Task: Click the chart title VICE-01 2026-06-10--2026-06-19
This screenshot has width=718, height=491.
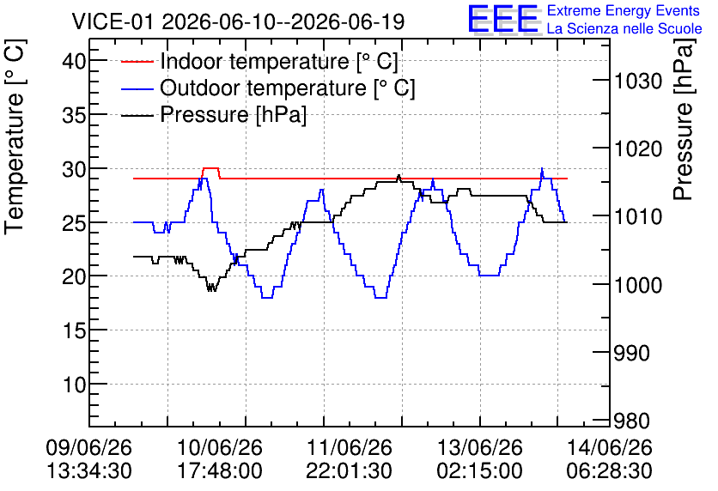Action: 238,21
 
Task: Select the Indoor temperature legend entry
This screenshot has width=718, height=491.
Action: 259,61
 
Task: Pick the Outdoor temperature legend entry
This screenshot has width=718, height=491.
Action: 268,88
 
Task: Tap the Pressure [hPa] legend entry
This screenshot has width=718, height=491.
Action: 213,114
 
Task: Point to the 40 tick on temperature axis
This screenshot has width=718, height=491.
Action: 74,60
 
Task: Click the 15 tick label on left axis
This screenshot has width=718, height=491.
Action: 74,330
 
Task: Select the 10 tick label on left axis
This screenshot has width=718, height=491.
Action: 74,385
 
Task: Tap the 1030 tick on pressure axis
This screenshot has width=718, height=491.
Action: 638,81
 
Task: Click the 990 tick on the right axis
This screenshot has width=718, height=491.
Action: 631,353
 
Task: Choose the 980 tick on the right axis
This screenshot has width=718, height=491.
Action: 631,421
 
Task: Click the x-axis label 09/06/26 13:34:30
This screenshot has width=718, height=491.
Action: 88,459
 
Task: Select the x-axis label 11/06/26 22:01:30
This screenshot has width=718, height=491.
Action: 349,459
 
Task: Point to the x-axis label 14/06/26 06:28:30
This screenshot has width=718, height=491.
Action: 610,459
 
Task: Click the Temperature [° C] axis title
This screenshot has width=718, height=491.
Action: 15,136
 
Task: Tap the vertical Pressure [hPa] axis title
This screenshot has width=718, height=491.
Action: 684,119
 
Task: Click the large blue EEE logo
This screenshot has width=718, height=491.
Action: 503,19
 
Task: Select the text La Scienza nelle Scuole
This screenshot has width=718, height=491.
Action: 624,29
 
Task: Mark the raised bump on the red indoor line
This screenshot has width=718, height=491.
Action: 210,168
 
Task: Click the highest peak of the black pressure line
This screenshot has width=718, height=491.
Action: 399,176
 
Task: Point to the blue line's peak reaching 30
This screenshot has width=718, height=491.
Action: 542,168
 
